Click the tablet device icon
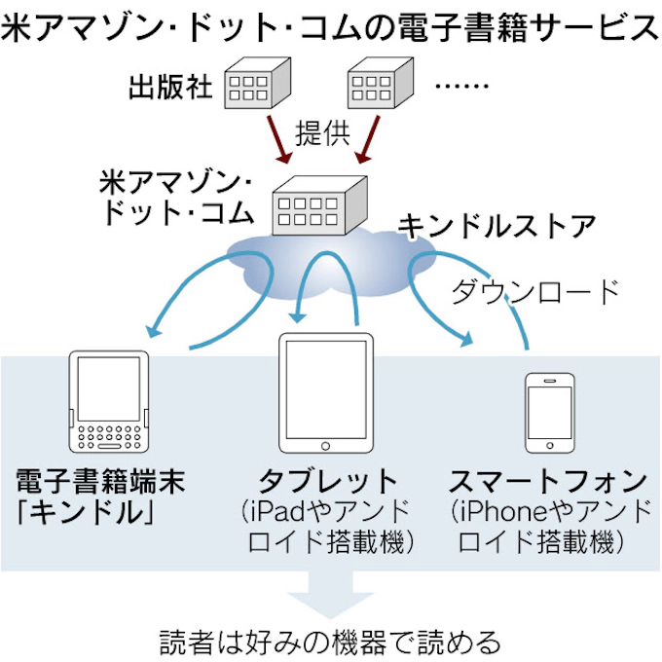(x=326, y=393)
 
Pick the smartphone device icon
(x=549, y=412)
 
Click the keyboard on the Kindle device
(x=109, y=435)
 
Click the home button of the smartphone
(x=549, y=446)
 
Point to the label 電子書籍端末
(x=99, y=480)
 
